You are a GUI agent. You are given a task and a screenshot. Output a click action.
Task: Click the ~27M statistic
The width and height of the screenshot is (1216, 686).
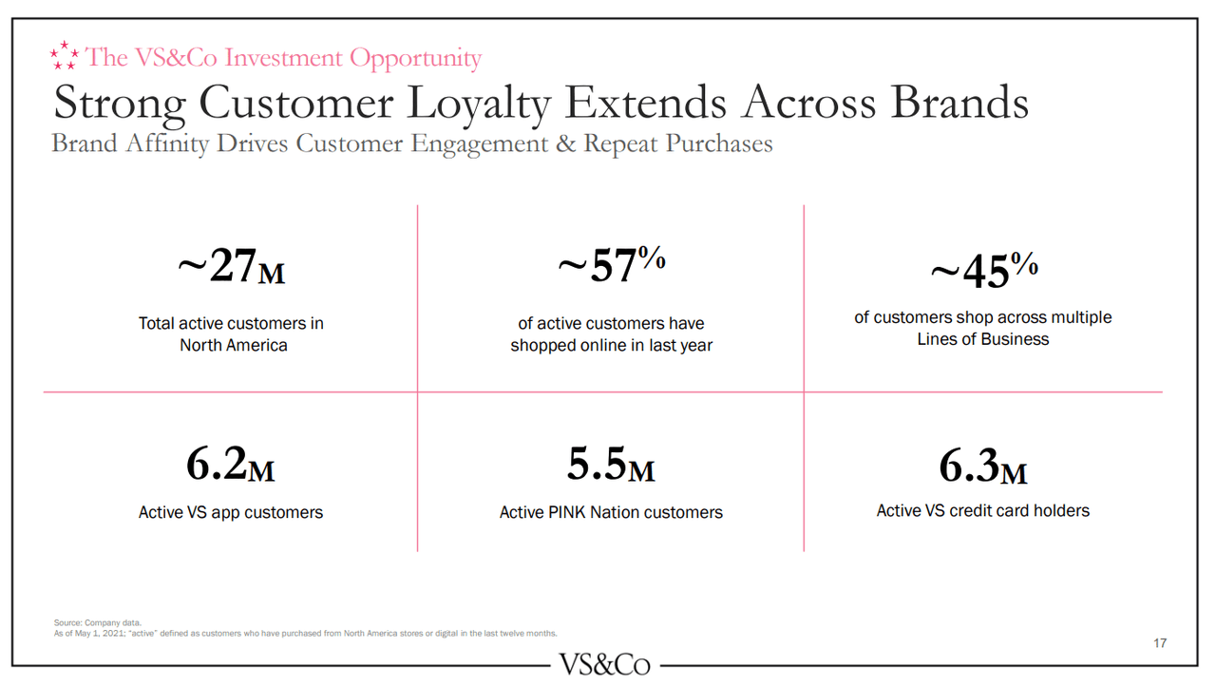click(231, 268)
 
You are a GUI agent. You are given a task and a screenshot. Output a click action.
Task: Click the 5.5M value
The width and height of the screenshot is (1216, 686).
click(611, 466)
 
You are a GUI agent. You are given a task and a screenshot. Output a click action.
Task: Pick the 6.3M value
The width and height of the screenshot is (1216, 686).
click(983, 466)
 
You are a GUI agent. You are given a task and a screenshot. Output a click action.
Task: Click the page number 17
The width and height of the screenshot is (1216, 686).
click(1160, 643)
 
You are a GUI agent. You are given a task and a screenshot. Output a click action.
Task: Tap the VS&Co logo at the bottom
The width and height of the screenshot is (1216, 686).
click(605, 664)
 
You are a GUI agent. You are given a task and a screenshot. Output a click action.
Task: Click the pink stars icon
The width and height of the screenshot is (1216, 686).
click(65, 55)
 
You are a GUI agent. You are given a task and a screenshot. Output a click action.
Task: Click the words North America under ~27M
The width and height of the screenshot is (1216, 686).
click(234, 345)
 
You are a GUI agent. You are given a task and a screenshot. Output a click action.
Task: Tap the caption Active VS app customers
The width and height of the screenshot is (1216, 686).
click(231, 512)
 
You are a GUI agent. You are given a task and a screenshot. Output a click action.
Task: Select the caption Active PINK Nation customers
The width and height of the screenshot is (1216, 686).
click(611, 512)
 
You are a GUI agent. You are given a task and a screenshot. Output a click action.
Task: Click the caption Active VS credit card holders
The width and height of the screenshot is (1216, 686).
click(983, 510)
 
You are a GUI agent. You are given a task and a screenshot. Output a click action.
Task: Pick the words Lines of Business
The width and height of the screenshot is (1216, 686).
click(983, 339)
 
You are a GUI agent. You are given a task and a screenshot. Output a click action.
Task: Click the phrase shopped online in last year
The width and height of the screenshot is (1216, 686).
click(611, 345)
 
